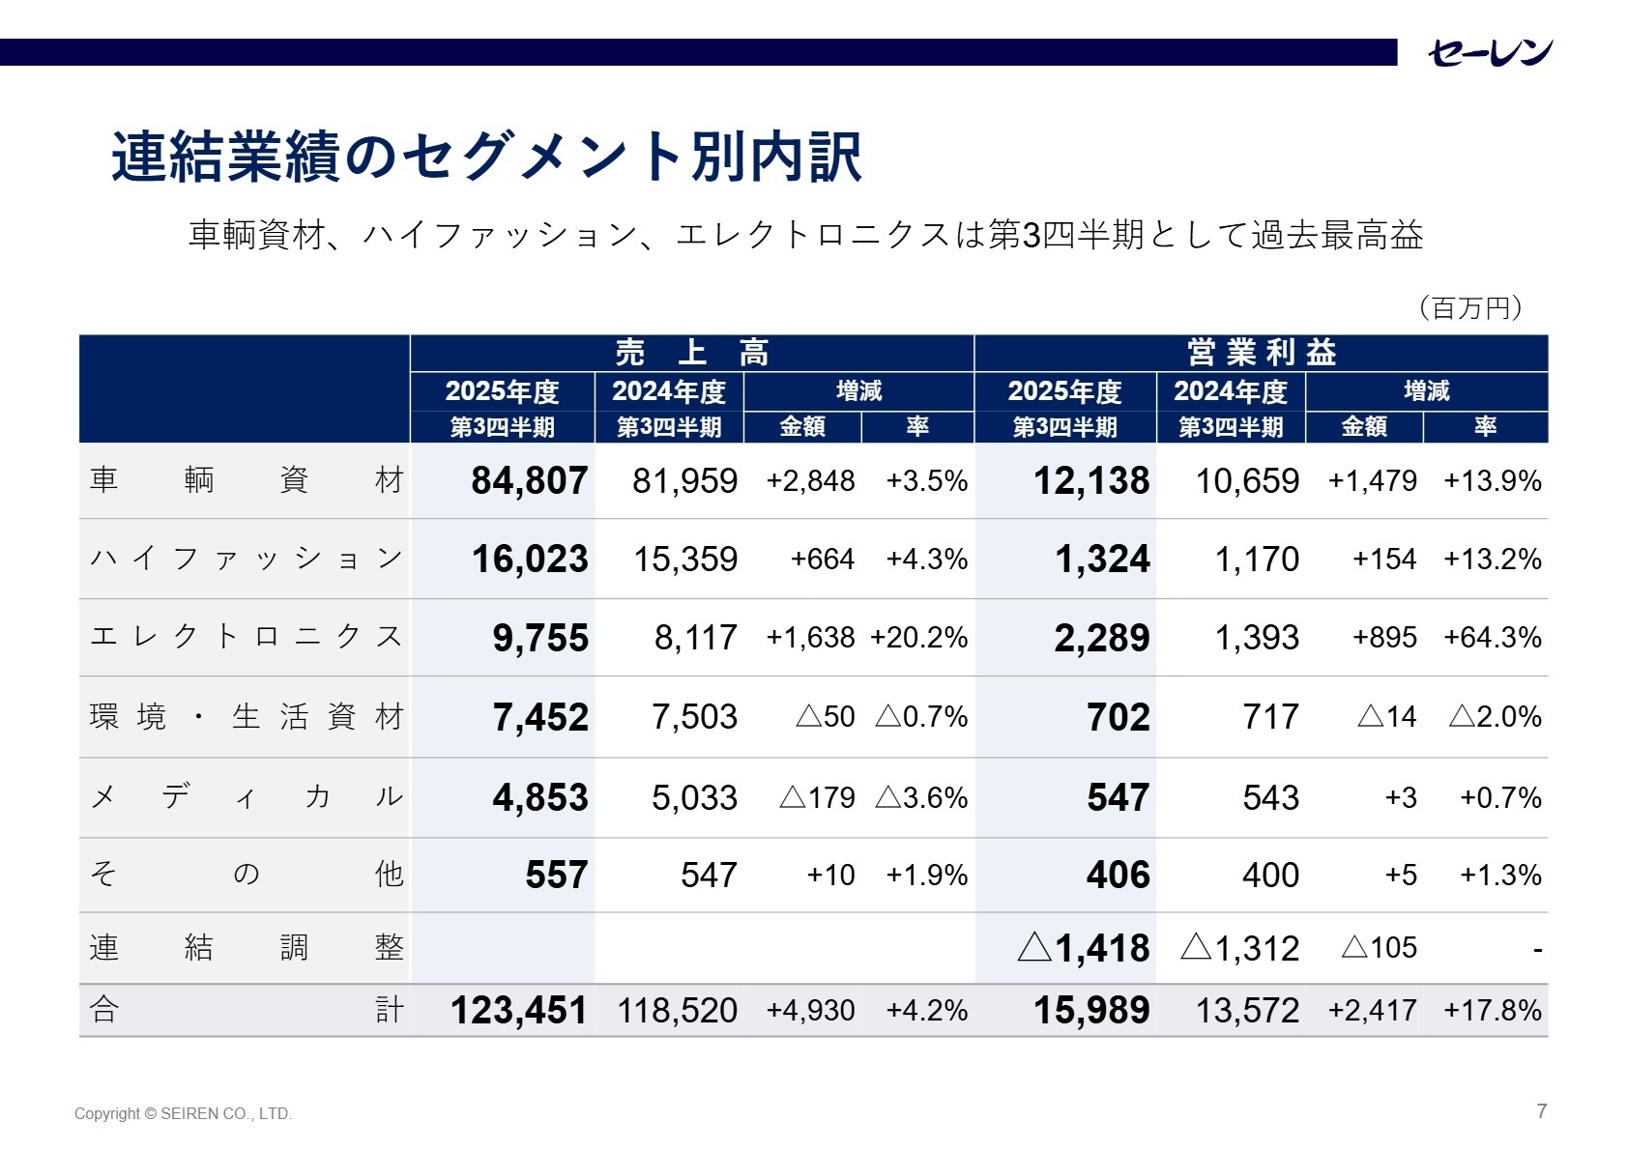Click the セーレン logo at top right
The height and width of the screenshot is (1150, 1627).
1490,52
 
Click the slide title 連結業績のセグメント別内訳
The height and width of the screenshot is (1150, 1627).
486,157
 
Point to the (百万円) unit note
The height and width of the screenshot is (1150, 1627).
1470,308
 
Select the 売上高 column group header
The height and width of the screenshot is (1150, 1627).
691,353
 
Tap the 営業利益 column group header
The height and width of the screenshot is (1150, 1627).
1261,353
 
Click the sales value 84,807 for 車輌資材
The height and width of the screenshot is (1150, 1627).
529,481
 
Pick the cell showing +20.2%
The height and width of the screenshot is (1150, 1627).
918,638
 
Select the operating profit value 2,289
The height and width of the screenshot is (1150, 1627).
1101,639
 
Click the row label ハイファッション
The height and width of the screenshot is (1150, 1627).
246,559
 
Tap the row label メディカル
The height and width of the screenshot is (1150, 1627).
246,797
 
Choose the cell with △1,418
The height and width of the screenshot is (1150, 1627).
1084,948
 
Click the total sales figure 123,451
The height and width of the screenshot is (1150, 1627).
518,1011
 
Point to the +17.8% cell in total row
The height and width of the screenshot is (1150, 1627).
1492,1011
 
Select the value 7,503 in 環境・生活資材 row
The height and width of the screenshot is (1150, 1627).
694,717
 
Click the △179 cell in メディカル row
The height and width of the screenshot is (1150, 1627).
817,798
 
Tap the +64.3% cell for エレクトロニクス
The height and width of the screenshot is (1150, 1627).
1492,638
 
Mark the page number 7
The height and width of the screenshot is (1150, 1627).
1542,1111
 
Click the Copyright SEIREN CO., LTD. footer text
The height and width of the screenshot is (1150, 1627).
183,1114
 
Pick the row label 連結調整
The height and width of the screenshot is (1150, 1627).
246,948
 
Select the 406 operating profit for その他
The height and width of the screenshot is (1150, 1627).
1118,876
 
